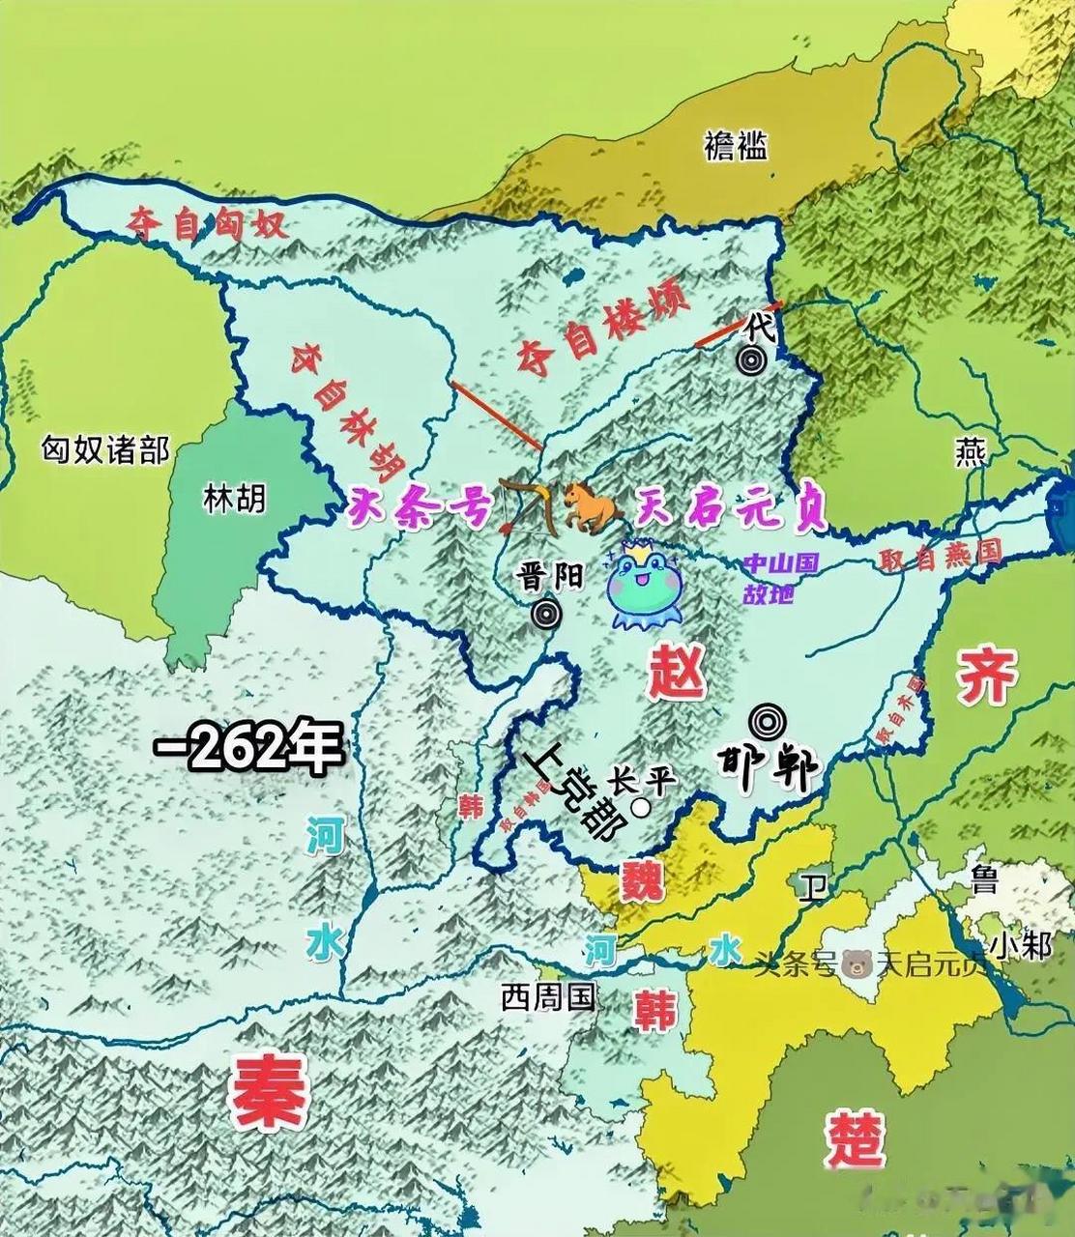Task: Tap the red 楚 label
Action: tap(856, 1139)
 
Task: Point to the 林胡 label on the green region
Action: tap(234, 499)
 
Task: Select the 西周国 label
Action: tap(546, 996)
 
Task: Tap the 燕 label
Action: tap(969, 453)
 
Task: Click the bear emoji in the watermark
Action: tap(856, 964)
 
